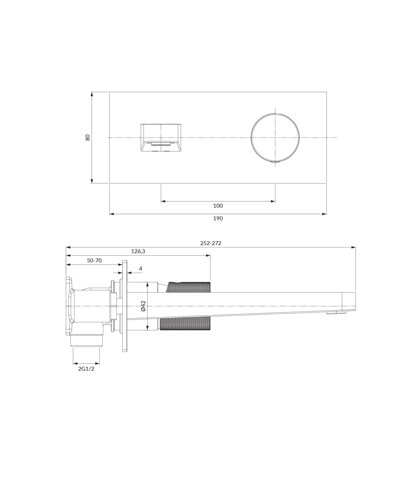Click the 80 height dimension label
pyautogui.click(x=87, y=137)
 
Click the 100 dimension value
pyautogui.click(x=218, y=206)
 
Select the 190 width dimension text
pyautogui.click(x=218, y=219)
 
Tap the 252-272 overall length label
pyautogui.click(x=211, y=243)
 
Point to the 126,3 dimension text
pyautogui.click(x=138, y=252)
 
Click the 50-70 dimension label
pyautogui.click(x=94, y=261)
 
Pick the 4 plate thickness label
pyautogui.click(x=140, y=269)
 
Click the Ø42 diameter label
pyautogui.click(x=144, y=306)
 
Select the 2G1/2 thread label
pyautogui.click(x=86, y=369)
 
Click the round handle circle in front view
pyautogui.click(x=275, y=137)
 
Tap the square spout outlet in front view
pyautogui.click(x=161, y=138)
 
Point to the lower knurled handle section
pyautogui.click(x=185, y=325)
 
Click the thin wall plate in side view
pyautogui.click(x=125, y=306)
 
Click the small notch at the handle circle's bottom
pyautogui.click(x=275, y=162)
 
